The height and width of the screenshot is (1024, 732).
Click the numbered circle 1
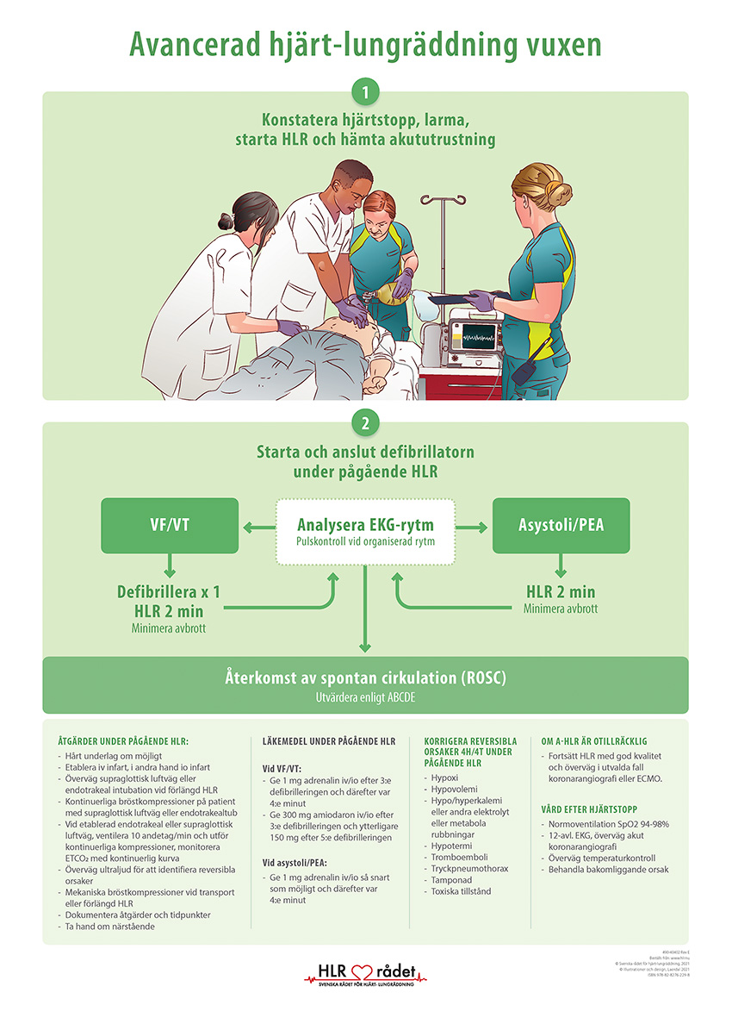click(x=366, y=91)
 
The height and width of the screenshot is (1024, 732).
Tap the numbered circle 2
click(x=366, y=423)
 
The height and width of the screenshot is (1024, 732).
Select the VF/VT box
click(x=170, y=525)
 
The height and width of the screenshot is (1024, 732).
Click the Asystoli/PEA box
click(x=561, y=525)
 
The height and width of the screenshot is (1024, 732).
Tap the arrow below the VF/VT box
click(x=170, y=566)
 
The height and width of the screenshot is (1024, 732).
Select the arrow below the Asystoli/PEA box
click(x=561, y=566)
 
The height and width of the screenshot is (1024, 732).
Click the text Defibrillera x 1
click(x=169, y=593)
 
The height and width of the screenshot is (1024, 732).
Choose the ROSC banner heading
click(x=365, y=678)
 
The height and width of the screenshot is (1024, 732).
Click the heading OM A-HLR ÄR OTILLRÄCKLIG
click(x=593, y=740)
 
